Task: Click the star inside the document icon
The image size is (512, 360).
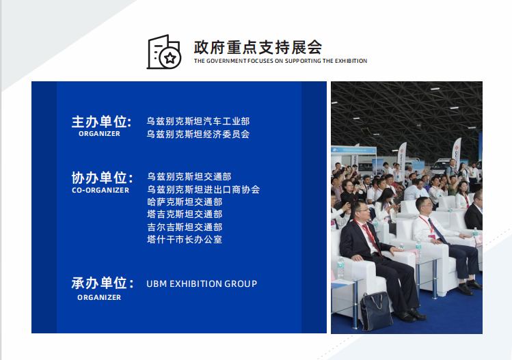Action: (x=170, y=59)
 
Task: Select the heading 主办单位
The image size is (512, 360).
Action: (x=102, y=122)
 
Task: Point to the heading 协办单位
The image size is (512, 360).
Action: (x=103, y=178)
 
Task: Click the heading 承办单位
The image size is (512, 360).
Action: (x=103, y=283)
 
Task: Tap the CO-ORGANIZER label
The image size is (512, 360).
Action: (x=100, y=191)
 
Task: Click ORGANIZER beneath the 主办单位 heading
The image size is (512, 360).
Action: (x=99, y=134)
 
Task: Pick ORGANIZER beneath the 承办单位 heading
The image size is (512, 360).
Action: (x=99, y=298)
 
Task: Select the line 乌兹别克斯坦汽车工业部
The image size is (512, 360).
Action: (x=198, y=122)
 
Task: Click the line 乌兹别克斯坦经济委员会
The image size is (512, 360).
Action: (x=198, y=134)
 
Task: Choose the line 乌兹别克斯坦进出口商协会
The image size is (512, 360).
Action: (x=204, y=190)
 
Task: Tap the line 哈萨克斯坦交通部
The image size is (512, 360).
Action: (x=185, y=202)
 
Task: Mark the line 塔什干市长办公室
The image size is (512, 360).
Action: (x=185, y=240)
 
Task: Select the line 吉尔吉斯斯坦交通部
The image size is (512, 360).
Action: (x=185, y=227)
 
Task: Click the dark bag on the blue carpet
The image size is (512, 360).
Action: (x=376, y=311)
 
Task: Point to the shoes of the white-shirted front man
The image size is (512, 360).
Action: (x=470, y=286)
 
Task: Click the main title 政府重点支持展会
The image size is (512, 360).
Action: (x=258, y=48)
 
